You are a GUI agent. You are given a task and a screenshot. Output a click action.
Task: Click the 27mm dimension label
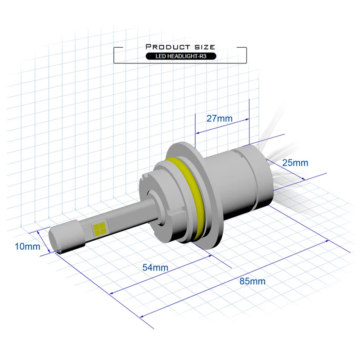(219, 118)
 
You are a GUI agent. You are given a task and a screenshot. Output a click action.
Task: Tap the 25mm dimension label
(295, 163)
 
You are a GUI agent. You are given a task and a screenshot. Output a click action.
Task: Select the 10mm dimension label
(27, 246)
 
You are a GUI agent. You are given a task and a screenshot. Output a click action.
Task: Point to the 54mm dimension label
(155, 267)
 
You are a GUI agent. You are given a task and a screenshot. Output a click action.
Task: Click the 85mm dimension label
(252, 281)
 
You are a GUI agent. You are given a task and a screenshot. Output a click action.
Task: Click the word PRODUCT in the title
(168, 47)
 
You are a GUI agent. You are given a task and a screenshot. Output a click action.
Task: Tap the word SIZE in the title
(205, 47)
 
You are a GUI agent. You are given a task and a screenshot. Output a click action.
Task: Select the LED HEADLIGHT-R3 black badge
(181, 56)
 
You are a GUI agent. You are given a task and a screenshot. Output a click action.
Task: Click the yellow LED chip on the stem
(99, 229)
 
